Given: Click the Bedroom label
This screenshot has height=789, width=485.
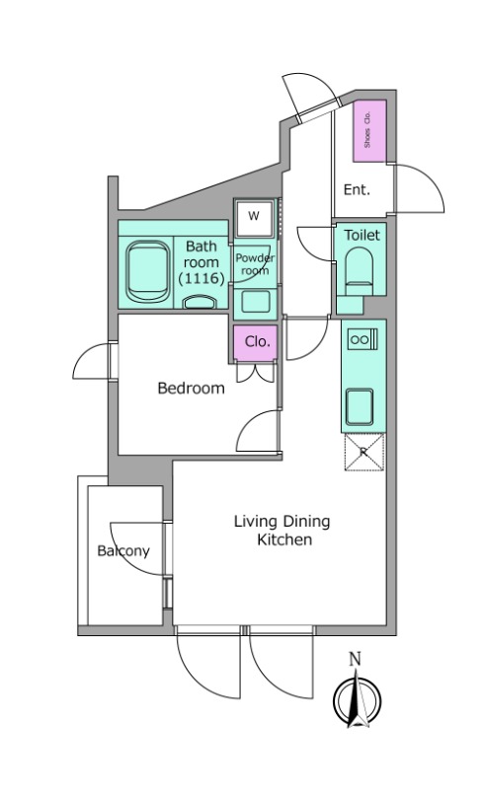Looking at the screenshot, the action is coord(191,388).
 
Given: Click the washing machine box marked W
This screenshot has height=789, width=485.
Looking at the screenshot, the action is coord(254,217).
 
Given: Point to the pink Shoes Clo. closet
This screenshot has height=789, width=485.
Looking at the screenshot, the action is coord(369,131).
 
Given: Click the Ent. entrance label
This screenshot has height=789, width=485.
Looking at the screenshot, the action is coord(357,189).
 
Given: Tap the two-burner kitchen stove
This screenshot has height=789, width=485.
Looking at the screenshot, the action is coord(363,339).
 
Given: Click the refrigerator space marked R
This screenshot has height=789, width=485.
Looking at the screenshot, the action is coord(364,452).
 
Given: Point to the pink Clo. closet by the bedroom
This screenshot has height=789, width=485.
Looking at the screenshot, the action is coord(256,342).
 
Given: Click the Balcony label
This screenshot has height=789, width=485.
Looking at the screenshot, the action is coord(123,550).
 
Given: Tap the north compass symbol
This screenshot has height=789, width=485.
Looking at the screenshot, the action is coord(357,700).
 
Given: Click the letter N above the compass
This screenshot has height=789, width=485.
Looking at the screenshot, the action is coord(356,659).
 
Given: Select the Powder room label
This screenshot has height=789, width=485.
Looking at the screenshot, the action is coord(255,264).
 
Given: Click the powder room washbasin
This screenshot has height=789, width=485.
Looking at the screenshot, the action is coord(255,302).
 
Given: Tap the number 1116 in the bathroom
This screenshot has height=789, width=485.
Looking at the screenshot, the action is coord(201,278).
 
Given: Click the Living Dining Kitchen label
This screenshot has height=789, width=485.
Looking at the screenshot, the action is coord(283,530).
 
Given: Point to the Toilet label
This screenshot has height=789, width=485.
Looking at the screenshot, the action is coord(362,235).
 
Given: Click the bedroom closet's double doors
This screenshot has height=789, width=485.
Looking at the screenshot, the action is coord(255,372).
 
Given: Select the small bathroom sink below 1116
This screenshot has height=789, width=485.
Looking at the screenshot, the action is coord(200,302).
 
